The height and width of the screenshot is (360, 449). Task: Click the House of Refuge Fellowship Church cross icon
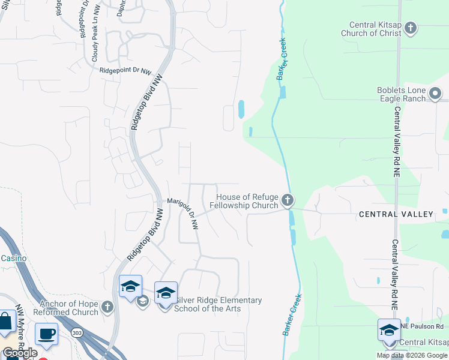[x=288, y=200]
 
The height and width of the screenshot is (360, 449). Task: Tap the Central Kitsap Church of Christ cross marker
[x=411, y=28]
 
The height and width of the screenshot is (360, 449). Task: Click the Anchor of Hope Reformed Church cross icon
[x=107, y=307]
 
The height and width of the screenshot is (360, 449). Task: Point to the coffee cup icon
[x=46, y=334]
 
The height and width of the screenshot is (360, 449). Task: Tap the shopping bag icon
[x=5, y=322]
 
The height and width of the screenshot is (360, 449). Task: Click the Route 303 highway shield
[x=77, y=332]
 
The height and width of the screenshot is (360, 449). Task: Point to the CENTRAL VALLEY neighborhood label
[x=396, y=214]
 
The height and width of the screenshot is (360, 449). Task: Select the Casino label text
[x=13, y=258]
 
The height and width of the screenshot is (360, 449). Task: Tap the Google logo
[x=20, y=353]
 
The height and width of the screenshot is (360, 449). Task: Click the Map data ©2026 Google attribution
[x=411, y=355]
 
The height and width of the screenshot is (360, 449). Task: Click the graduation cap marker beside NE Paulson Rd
[x=388, y=329]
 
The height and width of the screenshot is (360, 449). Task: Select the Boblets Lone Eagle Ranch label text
[x=402, y=95]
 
